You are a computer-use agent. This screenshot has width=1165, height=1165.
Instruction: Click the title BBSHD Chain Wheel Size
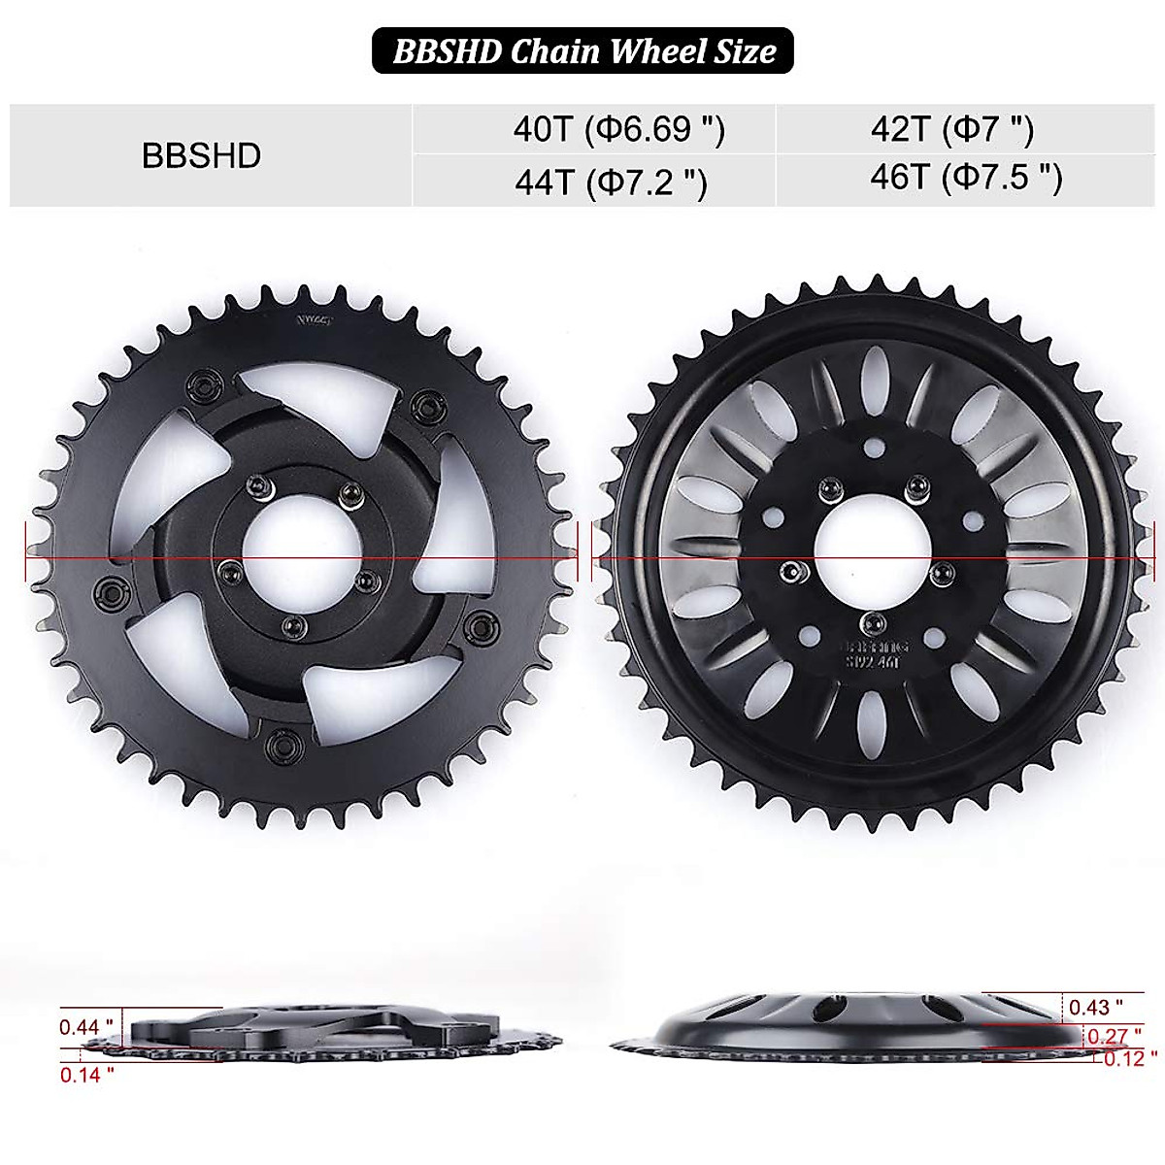click(x=583, y=50)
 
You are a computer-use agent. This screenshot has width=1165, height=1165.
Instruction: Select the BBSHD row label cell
click(x=202, y=155)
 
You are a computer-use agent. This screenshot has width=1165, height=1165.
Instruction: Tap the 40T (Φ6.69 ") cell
click(x=618, y=129)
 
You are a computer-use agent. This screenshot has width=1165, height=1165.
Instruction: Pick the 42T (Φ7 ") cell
click(x=952, y=129)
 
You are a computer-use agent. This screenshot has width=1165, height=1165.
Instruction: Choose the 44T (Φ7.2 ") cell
click(x=611, y=181)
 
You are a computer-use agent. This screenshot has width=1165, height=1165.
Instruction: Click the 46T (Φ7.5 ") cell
click(x=966, y=177)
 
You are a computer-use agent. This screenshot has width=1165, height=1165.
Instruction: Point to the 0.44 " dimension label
click(x=86, y=1026)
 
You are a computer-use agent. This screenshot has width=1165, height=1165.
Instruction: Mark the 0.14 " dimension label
click(x=86, y=1074)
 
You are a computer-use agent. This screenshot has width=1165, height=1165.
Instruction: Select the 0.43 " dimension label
click(x=1095, y=1007)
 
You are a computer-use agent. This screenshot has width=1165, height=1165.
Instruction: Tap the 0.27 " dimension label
click(x=1108, y=1036)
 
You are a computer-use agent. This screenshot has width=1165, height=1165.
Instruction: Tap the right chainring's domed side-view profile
click(x=854, y=1024)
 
